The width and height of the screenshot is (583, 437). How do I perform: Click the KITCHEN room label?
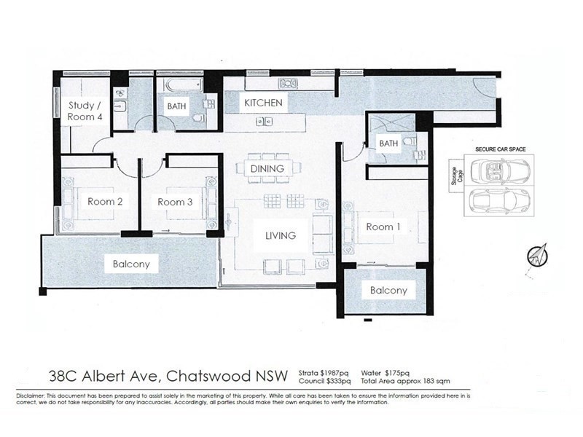(263, 103)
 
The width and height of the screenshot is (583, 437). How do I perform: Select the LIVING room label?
(281, 235)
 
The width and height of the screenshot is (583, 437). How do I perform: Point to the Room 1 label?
(383, 227)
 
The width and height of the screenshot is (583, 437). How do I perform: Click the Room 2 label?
(105, 202)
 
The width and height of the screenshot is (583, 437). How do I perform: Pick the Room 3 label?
(175, 202)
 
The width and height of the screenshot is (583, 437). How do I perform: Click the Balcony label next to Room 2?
(131, 264)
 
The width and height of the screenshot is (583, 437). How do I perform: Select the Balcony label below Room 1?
(388, 290)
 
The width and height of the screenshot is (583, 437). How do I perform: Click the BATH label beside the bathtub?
(177, 106)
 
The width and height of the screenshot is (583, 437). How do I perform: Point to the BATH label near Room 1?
(388, 143)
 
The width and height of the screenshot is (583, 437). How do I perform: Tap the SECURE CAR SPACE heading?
(501, 149)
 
